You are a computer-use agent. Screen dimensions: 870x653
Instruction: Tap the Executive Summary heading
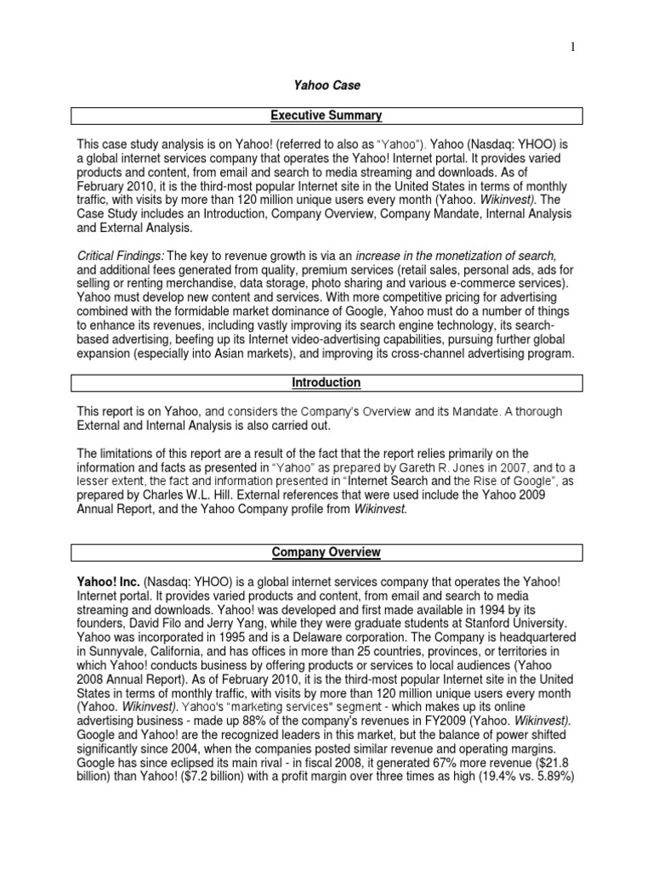pos(326,115)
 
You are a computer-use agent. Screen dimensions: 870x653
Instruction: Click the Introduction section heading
pos(326,383)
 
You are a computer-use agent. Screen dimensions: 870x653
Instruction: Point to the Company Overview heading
pos(326,552)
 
